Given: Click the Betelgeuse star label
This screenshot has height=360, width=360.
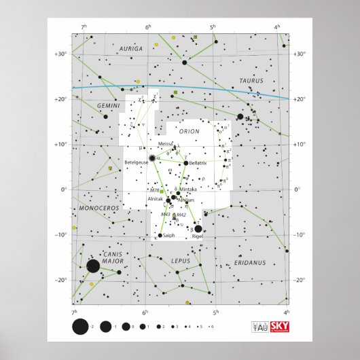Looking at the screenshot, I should click(136, 162).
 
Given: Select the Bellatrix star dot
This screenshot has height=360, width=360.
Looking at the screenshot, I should click(185, 163).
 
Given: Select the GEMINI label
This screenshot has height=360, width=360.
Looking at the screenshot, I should click(89, 107).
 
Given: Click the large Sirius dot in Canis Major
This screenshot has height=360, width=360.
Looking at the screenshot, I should click(93, 266).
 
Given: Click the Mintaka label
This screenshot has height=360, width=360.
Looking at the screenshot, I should click(188, 189).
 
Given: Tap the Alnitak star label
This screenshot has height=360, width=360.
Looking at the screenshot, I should click(155, 199).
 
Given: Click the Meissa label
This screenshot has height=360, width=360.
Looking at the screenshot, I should click(165, 144).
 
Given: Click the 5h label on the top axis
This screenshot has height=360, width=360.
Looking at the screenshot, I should click(213, 26).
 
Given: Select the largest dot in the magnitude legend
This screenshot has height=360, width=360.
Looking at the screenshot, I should click(79, 327).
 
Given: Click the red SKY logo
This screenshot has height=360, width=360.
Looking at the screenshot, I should click(278, 327).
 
